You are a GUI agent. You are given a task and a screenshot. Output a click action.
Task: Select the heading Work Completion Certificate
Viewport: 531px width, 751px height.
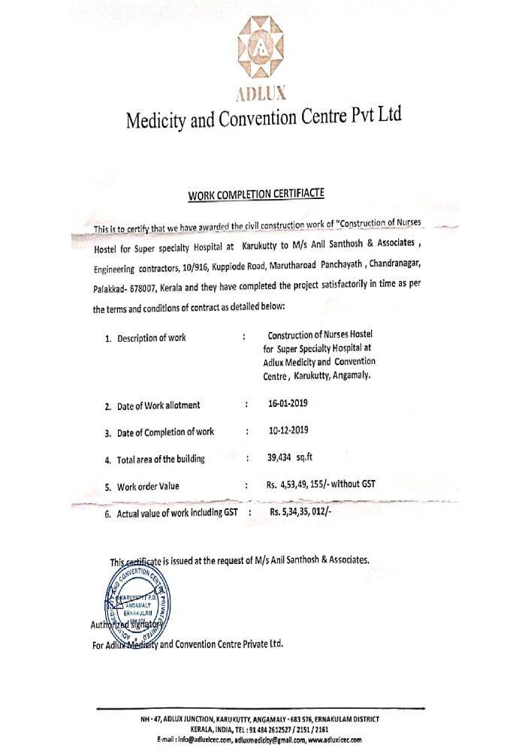pyautogui.click(x=256, y=195)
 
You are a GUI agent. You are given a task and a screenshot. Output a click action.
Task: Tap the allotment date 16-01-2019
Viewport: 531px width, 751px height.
pyautogui.click(x=288, y=403)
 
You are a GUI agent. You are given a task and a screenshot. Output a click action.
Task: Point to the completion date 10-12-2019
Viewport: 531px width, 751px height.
pyautogui.click(x=288, y=430)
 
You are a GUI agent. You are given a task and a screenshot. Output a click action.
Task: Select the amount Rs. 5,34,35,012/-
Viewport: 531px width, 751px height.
pyautogui.click(x=306, y=512)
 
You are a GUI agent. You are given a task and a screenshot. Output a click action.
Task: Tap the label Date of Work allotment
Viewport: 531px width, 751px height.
pyautogui.click(x=158, y=406)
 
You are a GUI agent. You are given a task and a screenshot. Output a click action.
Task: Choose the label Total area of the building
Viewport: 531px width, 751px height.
pyautogui.click(x=160, y=459)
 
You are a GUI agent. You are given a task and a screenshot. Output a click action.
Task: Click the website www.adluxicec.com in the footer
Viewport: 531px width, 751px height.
pyautogui.click(x=333, y=740)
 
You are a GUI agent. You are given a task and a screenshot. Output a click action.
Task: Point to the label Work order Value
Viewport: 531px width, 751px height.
pyautogui.click(x=148, y=487)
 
